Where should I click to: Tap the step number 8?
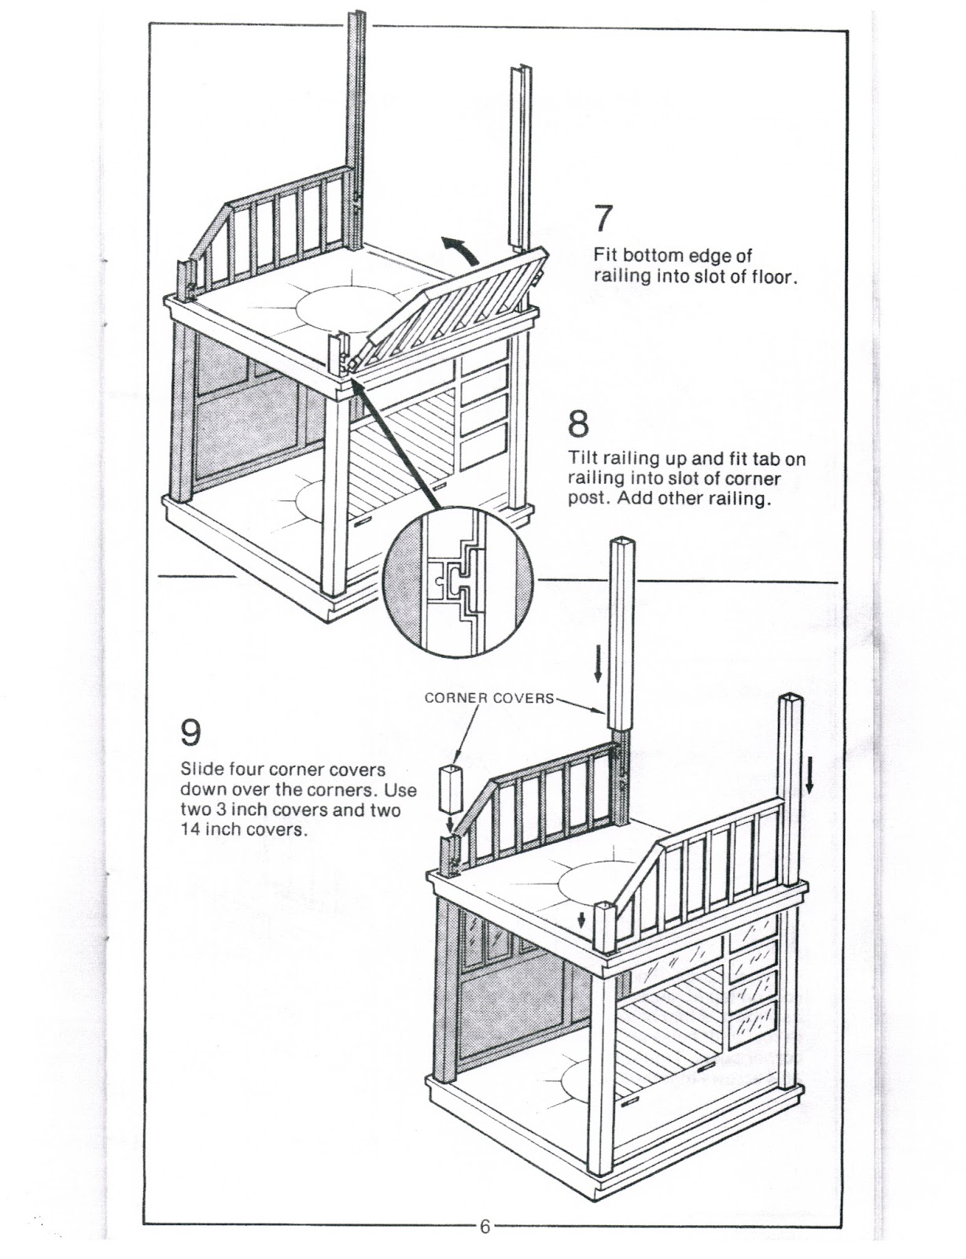[577, 425]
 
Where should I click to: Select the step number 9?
[191, 733]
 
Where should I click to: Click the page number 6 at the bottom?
[485, 1227]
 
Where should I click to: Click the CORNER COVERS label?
[489, 698]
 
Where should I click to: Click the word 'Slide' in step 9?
[203, 769]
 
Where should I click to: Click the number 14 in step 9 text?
[190, 830]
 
